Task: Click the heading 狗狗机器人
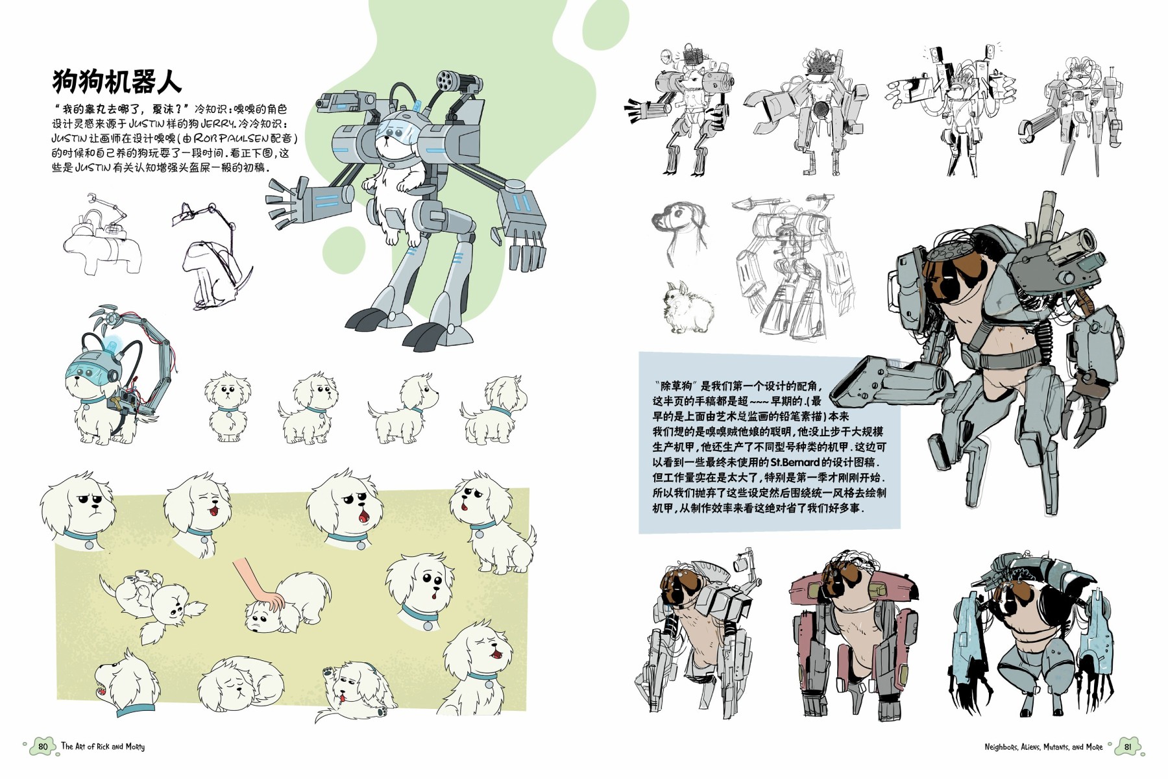coord(117,82)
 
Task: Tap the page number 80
coord(43,747)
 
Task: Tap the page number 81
coord(1128,747)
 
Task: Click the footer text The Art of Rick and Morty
coord(103,747)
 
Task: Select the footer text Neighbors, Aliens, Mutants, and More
coord(1043,747)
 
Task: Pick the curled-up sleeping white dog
coord(240,682)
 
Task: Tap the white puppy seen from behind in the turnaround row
coord(494,409)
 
